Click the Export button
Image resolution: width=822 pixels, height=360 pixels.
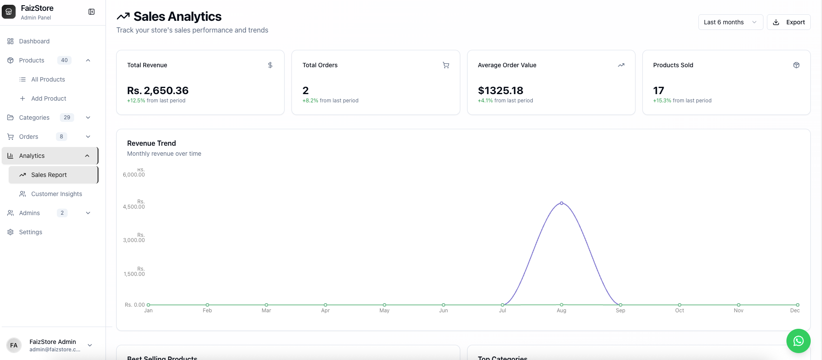(x=789, y=22)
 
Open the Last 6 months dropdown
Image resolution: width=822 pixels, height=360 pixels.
(x=730, y=22)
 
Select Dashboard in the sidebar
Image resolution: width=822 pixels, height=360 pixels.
(x=34, y=41)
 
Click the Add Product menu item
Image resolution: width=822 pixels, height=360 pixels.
(x=49, y=98)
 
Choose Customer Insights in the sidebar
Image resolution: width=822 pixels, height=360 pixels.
(x=56, y=194)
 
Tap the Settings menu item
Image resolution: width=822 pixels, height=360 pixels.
(x=30, y=232)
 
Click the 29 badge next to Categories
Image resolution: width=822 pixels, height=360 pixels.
(x=67, y=118)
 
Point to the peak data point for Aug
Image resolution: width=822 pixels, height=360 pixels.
(x=561, y=203)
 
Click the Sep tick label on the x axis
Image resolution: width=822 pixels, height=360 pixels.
(x=620, y=311)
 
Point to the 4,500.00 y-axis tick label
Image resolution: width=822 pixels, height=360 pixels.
(x=134, y=206)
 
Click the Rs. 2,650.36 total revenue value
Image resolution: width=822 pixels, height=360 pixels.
(x=158, y=91)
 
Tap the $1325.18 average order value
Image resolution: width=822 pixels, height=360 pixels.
(x=501, y=91)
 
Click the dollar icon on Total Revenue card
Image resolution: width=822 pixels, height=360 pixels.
(x=270, y=65)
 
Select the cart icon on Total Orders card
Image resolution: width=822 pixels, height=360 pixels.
(x=445, y=65)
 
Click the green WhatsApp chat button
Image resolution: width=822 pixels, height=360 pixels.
(x=798, y=341)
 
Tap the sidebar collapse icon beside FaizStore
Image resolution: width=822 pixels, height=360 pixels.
(x=92, y=12)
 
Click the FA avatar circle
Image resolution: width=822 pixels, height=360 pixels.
(x=14, y=345)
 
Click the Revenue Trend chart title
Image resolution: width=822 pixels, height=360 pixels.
(x=151, y=143)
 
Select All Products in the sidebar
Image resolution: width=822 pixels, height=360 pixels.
(x=48, y=79)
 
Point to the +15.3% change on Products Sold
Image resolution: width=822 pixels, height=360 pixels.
(x=662, y=101)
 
